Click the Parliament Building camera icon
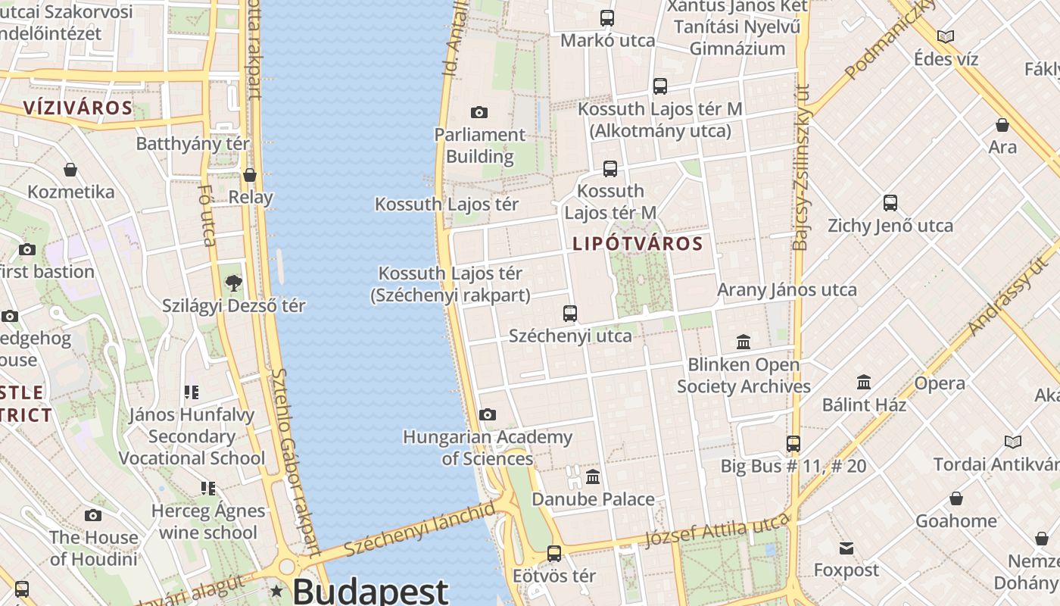pyautogui.click(x=479, y=113)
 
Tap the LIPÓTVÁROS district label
pyautogui.click(x=638, y=244)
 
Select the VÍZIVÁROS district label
pyautogui.click(x=78, y=108)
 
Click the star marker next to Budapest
pyautogui.click(x=278, y=591)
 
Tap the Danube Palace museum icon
pyautogui.click(x=593, y=477)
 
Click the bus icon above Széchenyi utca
pyautogui.click(x=570, y=313)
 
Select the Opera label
pyautogui.click(x=939, y=383)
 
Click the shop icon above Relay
pyautogui.click(x=250, y=175)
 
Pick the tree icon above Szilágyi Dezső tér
pyautogui.click(x=234, y=283)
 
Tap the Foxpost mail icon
pyautogui.click(x=846, y=548)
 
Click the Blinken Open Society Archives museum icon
pyautogui.click(x=744, y=342)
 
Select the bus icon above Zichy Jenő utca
pyautogui.click(x=890, y=203)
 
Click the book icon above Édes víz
pyautogui.click(x=946, y=36)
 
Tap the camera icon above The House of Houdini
pyautogui.click(x=93, y=516)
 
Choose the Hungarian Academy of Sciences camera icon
pyautogui.click(x=488, y=414)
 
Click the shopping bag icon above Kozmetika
pyautogui.click(x=70, y=170)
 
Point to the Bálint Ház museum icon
pyautogui.click(x=864, y=383)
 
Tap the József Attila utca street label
pyautogui.click(x=716, y=530)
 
